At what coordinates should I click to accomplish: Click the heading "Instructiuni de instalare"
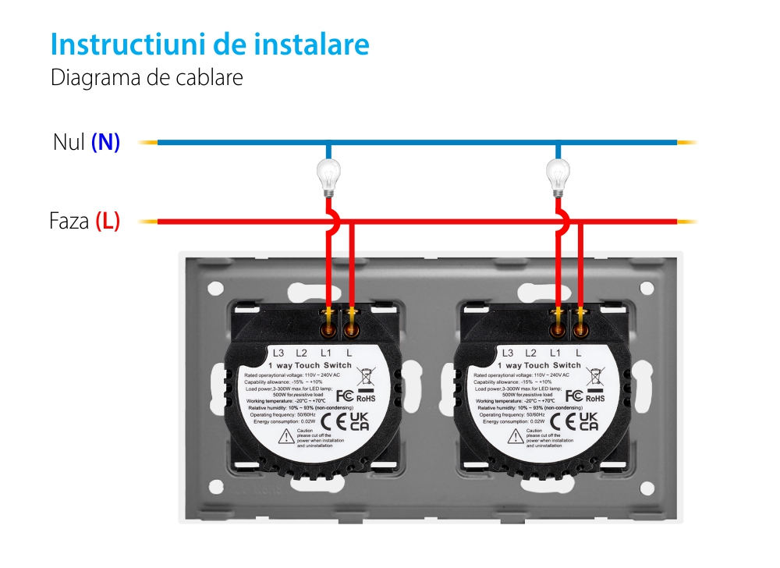[x=209, y=44]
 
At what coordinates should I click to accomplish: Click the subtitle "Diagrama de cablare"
[x=147, y=79]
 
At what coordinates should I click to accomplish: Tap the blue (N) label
[x=105, y=143]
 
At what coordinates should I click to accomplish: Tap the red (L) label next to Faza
[x=108, y=222]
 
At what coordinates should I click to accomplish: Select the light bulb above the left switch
[x=328, y=177]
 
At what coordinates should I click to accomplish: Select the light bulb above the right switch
[x=557, y=177]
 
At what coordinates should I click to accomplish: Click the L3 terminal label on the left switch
[x=278, y=353]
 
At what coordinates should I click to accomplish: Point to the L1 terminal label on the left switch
[x=326, y=353]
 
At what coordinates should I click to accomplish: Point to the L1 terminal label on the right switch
[x=555, y=353]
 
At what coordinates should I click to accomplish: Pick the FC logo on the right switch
[x=572, y=396]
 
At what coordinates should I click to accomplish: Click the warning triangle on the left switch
[x=284, y=436]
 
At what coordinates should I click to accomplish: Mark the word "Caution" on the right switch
[x=534, y=430]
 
